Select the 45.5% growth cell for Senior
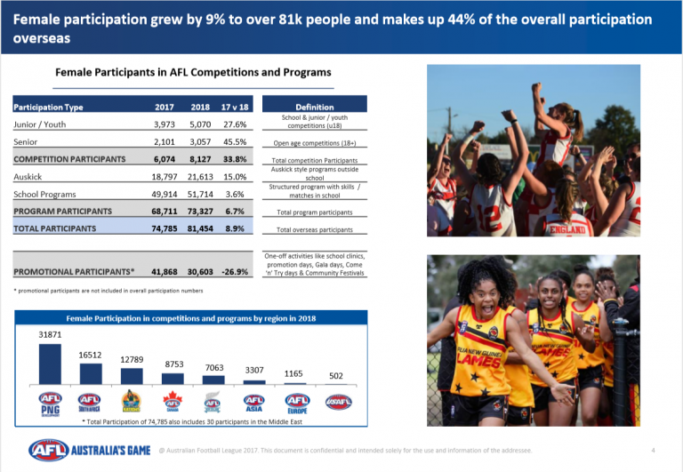point(236,142)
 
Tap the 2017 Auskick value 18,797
point(169,177)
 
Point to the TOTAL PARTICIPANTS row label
point(54,228)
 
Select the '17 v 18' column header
point(236,108)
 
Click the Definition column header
point(314,108)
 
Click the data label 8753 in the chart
point(173,364)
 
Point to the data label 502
point(336,375)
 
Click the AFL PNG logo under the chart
point(50,402)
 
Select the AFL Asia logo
point(254,402)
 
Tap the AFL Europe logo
point(295,402)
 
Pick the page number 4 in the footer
point(654,449)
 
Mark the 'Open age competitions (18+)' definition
point(314,142)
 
